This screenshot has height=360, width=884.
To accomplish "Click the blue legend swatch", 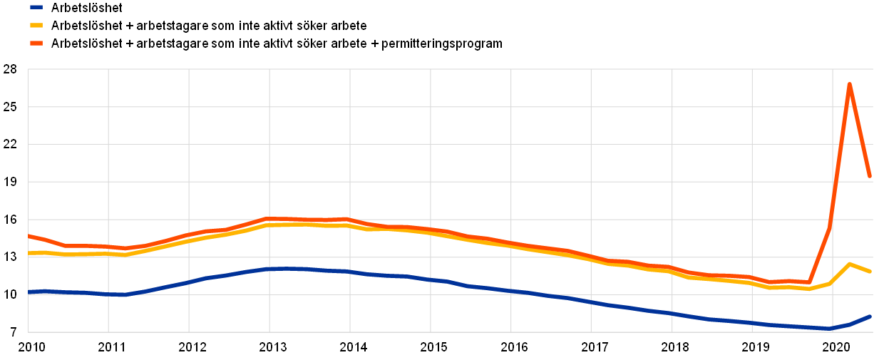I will pyautogui.click(x=36, y=7).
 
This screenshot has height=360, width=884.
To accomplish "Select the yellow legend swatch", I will pyautogui.click(x=36, y=25).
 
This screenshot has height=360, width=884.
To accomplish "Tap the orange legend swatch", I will pyautogui.click(x=36, y=43).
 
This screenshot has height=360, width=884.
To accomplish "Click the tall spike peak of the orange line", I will pyautogui.click(x=849, y=84).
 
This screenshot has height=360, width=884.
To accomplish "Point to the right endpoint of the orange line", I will pyautogui.click(x=870, y=175).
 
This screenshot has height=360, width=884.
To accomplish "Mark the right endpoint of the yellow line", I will pyautogui.click(x=870, y=272).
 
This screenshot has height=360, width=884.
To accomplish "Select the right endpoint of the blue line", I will pyautogui.click(x=870, y=317).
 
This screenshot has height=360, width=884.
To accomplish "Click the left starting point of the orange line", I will pyautogui.click(x=29, y=235).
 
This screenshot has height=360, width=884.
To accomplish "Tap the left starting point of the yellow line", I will pyautogui.click(x=29, y=253).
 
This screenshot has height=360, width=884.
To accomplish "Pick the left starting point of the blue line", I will pyautogui.click(x=29, y=292).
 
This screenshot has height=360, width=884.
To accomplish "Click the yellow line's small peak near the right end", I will pyautogui.click(x=849, y=264).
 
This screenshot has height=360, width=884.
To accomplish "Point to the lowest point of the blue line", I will pyautogui.click(x=829, y=329).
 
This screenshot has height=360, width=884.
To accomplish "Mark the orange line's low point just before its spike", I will pyautogui.click(x=808, y=282).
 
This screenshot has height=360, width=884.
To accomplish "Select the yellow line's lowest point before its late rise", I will pyautogui.click(x=808, y=289).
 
